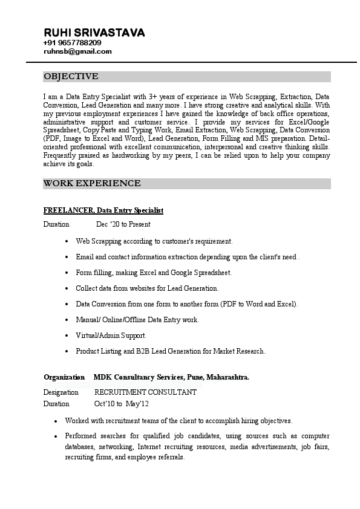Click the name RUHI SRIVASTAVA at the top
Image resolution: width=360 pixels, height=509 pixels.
pos(94,33)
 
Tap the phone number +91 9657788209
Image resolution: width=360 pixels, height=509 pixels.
pos(73,43)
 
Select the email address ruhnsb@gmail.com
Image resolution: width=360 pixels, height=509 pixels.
pos(77,51)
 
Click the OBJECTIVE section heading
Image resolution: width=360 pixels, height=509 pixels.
pos(71,77)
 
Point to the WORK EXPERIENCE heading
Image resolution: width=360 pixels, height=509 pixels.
pos(92,183)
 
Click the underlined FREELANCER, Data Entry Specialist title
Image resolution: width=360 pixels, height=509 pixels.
pos(103,210)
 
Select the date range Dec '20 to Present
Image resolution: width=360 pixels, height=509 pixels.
pos(123,224)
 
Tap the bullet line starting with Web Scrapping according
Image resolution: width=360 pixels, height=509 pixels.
pos(154,241)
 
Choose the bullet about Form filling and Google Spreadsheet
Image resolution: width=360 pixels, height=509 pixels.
pos(154,273)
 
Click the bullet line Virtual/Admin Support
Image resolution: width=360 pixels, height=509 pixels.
pos(111,335)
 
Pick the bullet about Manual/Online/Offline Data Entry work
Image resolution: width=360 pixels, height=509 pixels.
pos(137,319)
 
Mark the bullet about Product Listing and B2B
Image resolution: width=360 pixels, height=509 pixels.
pos(171,351)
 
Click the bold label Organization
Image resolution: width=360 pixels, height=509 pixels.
pos(64,377)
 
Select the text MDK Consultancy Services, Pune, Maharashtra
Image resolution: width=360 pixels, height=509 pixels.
pos(171,377)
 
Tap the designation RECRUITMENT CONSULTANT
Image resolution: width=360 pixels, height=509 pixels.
pos(145,392)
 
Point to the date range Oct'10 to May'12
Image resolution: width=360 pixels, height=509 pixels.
pos(121,404)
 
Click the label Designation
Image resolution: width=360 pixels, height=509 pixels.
pos(61,392)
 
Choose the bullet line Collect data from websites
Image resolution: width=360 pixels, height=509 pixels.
pos(147,288)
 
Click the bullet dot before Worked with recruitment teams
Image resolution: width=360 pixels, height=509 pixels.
pos(56,421)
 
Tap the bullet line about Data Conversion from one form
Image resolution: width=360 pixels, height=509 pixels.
pos(186,303)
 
